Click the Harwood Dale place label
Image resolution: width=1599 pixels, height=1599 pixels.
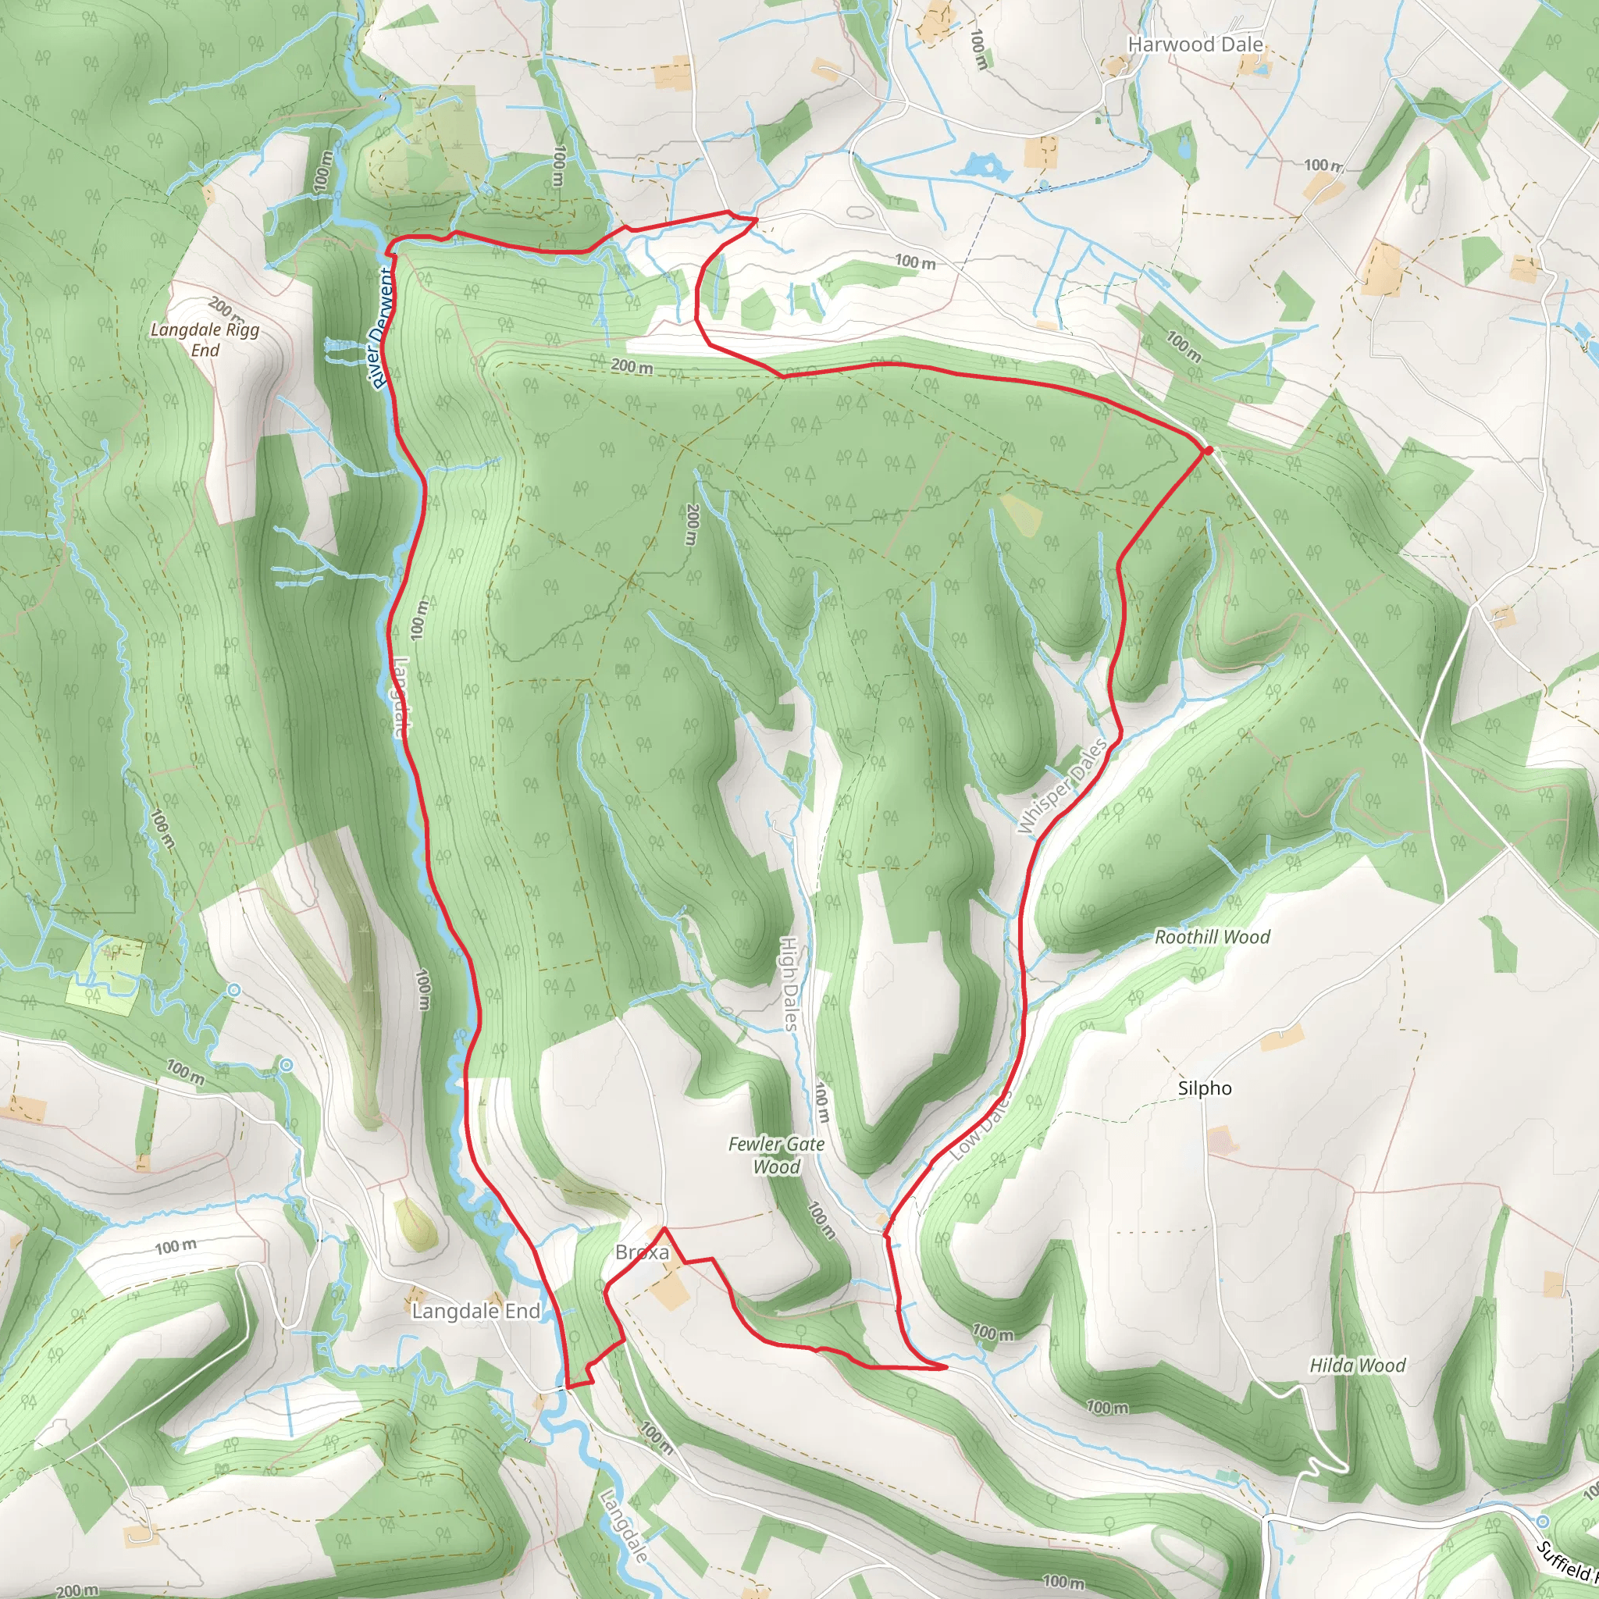pos(1195,45)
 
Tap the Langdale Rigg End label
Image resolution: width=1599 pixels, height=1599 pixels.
pos(205,340)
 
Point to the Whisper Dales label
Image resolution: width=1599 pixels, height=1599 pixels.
pos(1062,787)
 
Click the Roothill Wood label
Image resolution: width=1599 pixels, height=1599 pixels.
pos(1212,937)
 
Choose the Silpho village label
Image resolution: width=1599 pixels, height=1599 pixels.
pos(1204,1088)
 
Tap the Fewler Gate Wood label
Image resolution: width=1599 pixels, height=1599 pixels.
pos(776,1156)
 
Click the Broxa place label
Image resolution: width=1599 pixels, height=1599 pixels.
pos(643,1252)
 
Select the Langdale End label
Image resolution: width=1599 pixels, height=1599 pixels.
pos(476,1311)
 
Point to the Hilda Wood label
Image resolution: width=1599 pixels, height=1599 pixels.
pos(1357,1366)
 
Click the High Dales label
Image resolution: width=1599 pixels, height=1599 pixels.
pos(789,983)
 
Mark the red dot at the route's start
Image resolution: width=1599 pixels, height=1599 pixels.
pos(1209,450)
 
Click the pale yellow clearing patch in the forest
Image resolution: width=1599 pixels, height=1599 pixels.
pos(1020,514)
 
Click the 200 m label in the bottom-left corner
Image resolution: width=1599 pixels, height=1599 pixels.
pos(77,1590)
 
